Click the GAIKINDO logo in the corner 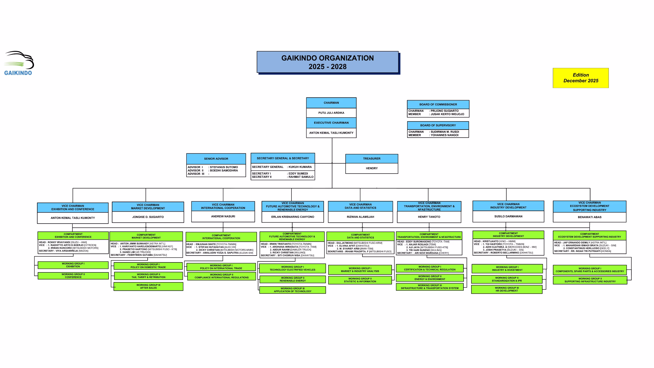click(x=19, y=63)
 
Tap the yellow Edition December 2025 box click(x=580, y=78)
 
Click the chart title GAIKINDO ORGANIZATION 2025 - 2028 click(x=328, y=62)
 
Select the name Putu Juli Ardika click(x=331, y=113)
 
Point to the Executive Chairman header click(x=331, y=123)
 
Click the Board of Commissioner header click(x=438, y=105)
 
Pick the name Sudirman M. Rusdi click(x=445, y=132)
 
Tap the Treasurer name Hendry click(x=371, y=168)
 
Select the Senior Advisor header click(x=216, y=159)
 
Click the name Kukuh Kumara click(x=300, y=167)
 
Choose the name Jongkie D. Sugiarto click(x=148, y=217)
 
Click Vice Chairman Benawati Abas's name click(x=589, y=217)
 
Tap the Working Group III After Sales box click(x=148, y=286)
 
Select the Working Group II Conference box click(x=73, y=276)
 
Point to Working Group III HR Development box click(x=507, y=289)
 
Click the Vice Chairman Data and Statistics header click(x=360, y=206)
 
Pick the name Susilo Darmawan click(x=508, y=216)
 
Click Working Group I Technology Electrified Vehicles click(x=292, y=268)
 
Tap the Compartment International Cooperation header click(x=221, y=237)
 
